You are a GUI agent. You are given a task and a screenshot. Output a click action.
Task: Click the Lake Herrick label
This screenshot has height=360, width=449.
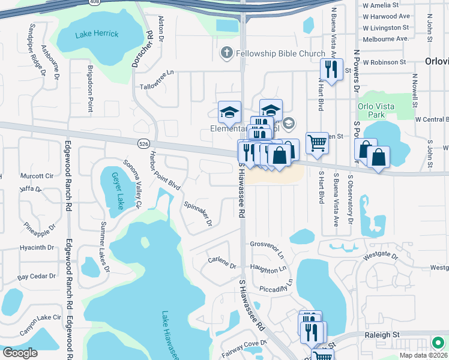pos(97,34)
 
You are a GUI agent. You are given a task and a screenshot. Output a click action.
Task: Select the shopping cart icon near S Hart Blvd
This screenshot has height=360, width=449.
pos(317,143)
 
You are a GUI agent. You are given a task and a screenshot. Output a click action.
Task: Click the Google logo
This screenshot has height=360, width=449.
pos(20,352)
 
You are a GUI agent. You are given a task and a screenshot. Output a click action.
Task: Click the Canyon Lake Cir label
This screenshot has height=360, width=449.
pos(40,317)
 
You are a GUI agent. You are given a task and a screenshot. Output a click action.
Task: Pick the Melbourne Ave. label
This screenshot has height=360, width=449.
pos(385,38)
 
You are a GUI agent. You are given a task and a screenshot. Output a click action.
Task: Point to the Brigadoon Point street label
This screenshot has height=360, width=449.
pos(91,89)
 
